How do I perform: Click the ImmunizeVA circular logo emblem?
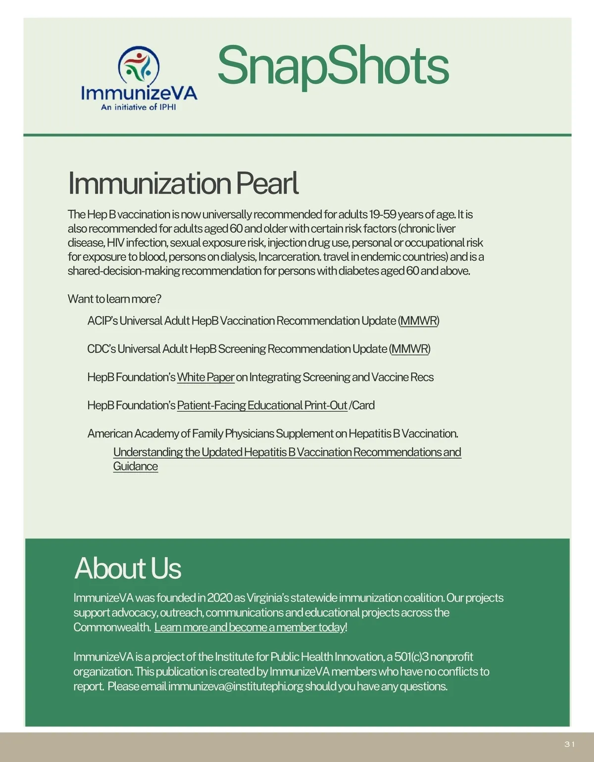pyautogui.click(x=139, y=65)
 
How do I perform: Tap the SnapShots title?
pyautogui.click(x=333, y=66)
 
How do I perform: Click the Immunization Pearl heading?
pyautogui.click(x=183, y=183)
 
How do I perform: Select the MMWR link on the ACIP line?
pyautogui.click(x=419, y=321)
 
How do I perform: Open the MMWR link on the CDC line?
pyautogui.click(x=410, y=349)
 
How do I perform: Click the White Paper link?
pyautogui.click(x=205, y=377)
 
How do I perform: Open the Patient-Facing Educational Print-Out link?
pyautogui.click(x=262, y=405)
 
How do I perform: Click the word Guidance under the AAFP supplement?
pyautogui.click(x=136, y=466)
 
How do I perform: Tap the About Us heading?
pyautogui.click(x=128, y=568)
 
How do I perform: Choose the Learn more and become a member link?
pyautogui.click(x=250, y=627)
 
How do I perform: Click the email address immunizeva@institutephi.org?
pyautogui.click(x=236, y=686)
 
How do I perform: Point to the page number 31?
pyautogui.click(x=570, y=744)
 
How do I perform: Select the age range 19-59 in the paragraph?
pyautogui.click(x=383, y=214)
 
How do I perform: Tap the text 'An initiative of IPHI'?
pyautogui.click(x=139, y=107)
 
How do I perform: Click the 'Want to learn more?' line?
pyautogui.click(x=114, y=299)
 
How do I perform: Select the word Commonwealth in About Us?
pyautogui.click(x=111, y=627)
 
